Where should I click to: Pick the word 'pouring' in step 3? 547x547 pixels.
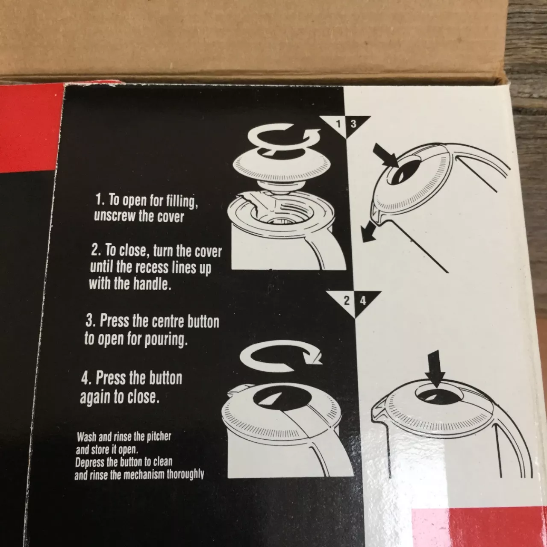click(x=166, y=339)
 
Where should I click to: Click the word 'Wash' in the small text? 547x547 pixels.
click(x=86, y=437)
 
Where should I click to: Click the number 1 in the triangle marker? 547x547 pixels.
click(x=338, y=124)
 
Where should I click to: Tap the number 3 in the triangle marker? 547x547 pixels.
click(x=353, y=124)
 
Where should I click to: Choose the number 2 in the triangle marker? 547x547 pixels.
click(x=346, y=301)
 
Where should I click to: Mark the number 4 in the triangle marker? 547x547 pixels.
click(x=363, y=301)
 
